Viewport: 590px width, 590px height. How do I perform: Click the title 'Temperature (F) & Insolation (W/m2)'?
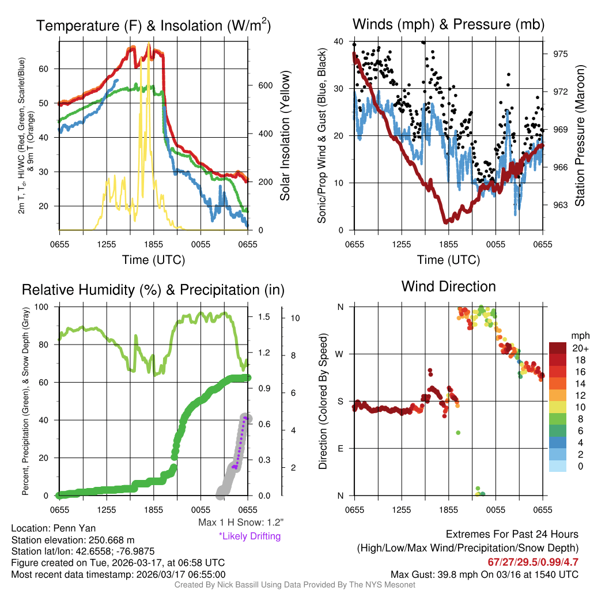pyautogui.click(x=153, y=25)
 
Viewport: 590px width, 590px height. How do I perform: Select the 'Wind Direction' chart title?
pyautogui.click(x=448, y=286)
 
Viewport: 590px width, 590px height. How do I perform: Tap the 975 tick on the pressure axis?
pyautogui.click(x=561, y=54)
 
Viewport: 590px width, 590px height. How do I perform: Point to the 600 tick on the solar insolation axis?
pyautogui.click(x=265, y=85)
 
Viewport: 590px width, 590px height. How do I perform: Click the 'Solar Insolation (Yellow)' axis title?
pyautogui.click(x=285, y=136)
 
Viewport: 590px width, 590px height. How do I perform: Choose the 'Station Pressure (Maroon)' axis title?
pyautogui.click(x=580, y=136)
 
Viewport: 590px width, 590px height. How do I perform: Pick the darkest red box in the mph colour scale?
pyautogui.click(x=559, y=348)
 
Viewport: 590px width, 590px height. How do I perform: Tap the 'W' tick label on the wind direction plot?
pyautogui.click(x=340, y=354)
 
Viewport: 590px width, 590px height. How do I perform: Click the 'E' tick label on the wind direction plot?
pyautogui.click(x=341, y=448)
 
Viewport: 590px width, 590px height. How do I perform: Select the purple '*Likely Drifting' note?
pyautogui.click(x=249, y=536)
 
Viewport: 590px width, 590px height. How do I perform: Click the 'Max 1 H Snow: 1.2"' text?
pyautogui.click(x=241, y=523)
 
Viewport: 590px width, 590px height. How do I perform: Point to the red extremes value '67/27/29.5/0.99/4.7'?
pyautogui.click(x=534, y=562)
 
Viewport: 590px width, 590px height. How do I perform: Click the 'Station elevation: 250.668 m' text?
pyautogui.click(x=73, y=540)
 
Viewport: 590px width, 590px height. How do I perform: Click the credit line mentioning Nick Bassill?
pyautogui.click(x=294, y=584)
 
